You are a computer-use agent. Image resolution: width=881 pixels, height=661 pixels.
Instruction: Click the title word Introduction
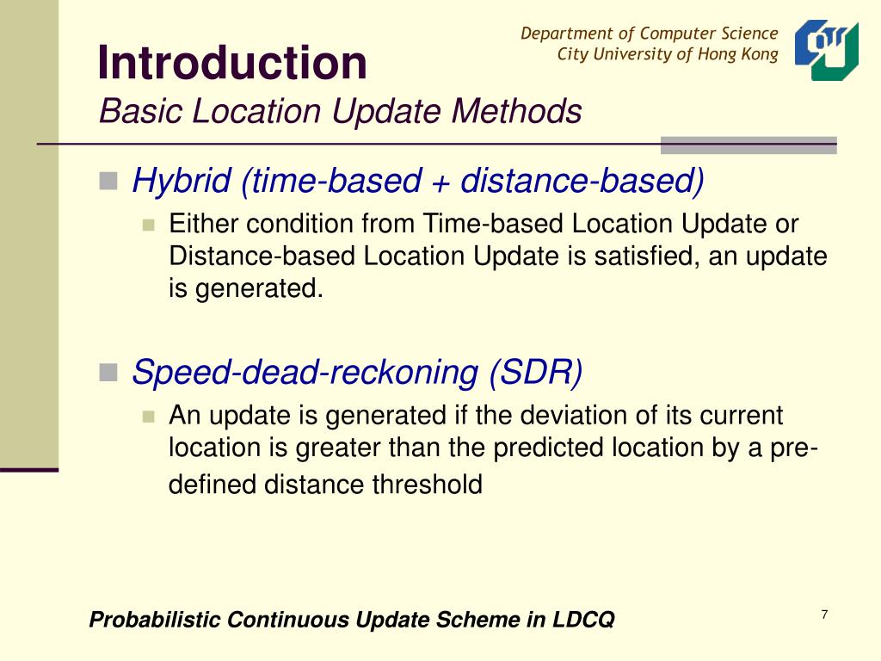232,63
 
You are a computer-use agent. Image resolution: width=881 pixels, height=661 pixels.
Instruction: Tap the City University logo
826,50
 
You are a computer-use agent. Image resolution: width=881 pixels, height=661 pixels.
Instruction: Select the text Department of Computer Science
649,34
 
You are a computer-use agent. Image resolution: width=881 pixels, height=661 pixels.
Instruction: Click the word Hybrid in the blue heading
182,181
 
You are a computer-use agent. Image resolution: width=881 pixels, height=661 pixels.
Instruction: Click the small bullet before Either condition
147,225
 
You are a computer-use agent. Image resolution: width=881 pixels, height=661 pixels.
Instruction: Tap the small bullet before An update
147,417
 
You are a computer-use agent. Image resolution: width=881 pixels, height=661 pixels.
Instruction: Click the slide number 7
824,615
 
